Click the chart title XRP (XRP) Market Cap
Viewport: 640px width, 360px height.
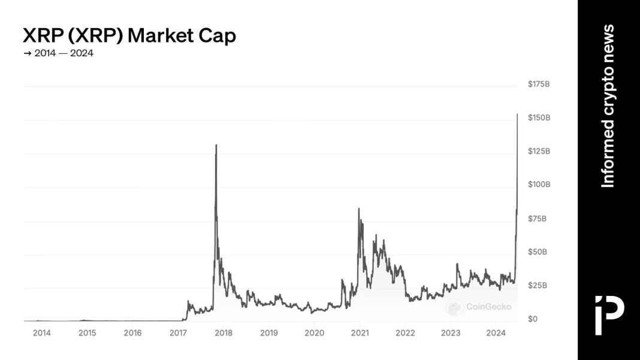[129, 35]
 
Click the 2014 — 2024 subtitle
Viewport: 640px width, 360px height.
[58, 53]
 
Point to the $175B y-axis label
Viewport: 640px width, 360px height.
[539, 84]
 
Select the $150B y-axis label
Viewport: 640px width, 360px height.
[539, 117]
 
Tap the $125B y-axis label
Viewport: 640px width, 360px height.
[539, 151]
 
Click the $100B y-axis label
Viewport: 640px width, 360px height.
[539, 184]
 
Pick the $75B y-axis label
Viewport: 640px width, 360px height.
[538, 219]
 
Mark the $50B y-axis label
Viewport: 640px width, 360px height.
[538, 252]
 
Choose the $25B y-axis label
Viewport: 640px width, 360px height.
[538, 286]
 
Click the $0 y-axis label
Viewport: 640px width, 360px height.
[532, 319]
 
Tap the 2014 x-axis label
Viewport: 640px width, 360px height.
[41, 333]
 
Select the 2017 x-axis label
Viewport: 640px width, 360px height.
[178, 333]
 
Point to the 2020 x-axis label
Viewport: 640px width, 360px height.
[314, 333]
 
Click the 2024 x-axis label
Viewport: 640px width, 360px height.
[496, 333]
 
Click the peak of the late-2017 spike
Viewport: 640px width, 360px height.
[216, 145]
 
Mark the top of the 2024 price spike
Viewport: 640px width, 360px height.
[517, 114]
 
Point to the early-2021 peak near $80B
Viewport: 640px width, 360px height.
[358, 208]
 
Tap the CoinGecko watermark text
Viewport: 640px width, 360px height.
[489, 307]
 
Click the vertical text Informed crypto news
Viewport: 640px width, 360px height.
[608, 105]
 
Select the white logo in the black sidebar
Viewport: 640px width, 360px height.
[609, 314]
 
